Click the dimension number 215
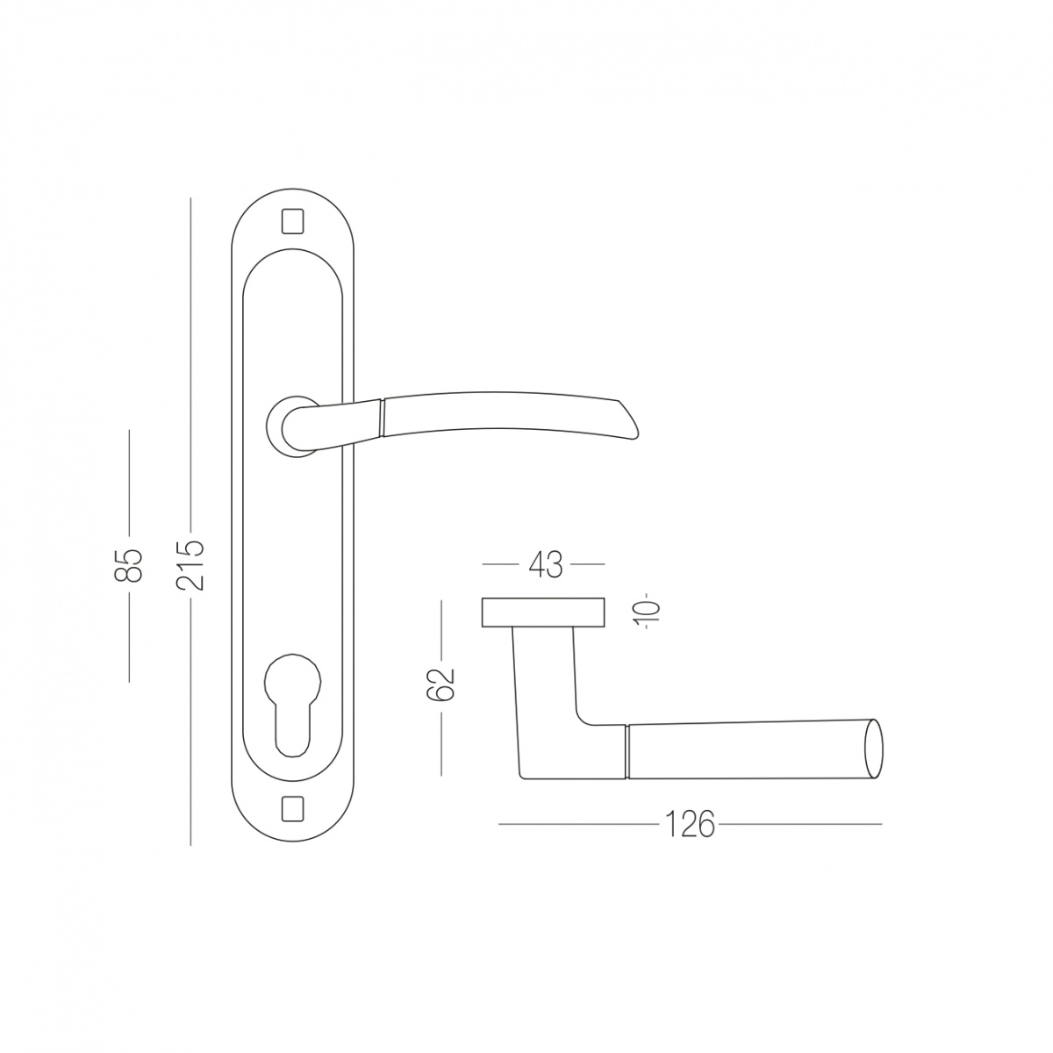pos(190,564)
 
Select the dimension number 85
pos(129,564)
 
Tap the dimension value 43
pos(545,565)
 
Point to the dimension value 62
pos(441,684)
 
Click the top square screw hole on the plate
pos(292,221)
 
